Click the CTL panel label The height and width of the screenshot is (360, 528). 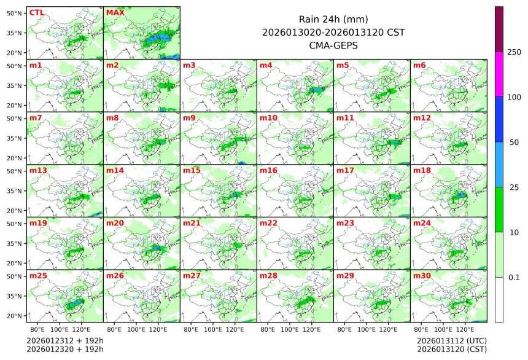36,12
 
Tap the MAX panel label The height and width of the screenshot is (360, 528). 115,12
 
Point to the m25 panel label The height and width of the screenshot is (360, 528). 38,276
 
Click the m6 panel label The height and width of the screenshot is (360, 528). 419,65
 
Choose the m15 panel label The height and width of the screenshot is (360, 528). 192,170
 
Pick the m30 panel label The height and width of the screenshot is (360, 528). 421,276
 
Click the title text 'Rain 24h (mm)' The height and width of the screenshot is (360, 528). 333,19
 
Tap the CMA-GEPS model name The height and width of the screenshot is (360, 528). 333,45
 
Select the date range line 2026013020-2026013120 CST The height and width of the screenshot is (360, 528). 333,32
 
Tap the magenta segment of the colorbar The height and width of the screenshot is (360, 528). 499,74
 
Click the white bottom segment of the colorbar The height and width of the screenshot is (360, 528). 499,299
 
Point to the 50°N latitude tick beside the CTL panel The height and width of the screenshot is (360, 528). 15,13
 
